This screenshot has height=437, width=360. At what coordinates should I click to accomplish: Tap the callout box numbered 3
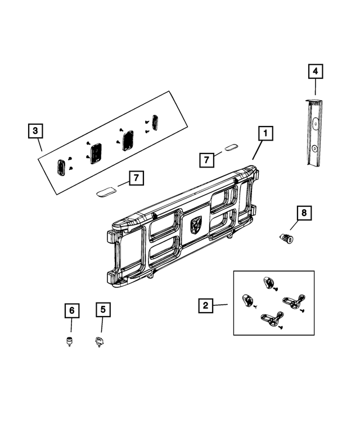tap(35, 131)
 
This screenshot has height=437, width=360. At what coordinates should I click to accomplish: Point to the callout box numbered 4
tap(315, 71)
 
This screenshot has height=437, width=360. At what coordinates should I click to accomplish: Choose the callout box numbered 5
tap(102, 309)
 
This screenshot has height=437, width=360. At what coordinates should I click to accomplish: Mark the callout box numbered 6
tap(71, 309)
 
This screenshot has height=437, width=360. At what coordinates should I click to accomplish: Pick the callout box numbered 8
tap(304, 213)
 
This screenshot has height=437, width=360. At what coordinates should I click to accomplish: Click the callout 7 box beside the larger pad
tap(135, 179)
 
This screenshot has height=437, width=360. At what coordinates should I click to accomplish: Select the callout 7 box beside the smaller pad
tap(207, 160)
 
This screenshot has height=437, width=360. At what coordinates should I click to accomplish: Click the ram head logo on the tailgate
tap(196, 224)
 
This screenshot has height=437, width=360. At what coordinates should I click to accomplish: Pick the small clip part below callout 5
tap(101, 341)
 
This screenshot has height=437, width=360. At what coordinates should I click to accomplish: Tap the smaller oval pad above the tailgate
tap(231, 148)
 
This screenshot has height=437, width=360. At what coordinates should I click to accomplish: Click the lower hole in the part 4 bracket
tap(316, 147)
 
